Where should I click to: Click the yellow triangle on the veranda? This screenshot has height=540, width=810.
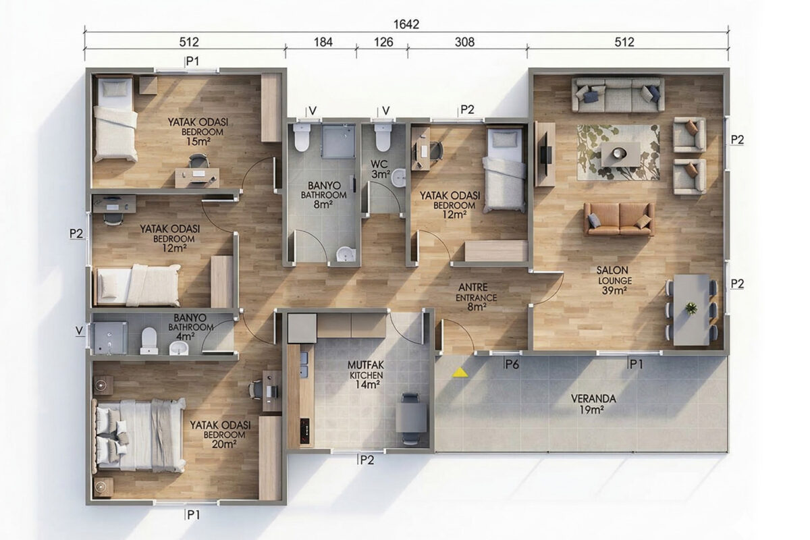[460, 373]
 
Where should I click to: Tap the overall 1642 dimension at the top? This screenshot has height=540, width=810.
[406, 24]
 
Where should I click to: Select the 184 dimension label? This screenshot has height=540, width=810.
[323, 42]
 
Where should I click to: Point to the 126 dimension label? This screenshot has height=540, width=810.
[383, 42]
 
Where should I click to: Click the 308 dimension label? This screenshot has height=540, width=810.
[464, 42]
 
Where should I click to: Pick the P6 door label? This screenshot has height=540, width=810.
[512, 364]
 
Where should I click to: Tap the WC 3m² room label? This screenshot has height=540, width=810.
[379, 169]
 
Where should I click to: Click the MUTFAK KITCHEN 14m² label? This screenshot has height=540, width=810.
[366, 375]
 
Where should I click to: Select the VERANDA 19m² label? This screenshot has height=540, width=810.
[593, 404]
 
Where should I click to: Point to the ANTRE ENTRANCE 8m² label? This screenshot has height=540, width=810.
[475, 297]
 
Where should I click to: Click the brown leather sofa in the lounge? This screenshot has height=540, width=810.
[619, 219]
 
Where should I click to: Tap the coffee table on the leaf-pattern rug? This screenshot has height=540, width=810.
[620, 155]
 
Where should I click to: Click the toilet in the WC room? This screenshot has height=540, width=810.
[383, 138]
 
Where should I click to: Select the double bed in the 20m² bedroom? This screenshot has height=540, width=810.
[140, 436]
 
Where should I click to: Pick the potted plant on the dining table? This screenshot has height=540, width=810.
[691, 308]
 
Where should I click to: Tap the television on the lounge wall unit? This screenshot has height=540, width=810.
[545, 155]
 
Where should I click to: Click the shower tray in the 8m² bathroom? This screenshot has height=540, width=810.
[338, 141]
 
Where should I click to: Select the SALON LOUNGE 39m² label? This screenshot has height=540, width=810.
[614, 280]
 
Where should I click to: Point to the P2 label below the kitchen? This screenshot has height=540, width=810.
[367, 460]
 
